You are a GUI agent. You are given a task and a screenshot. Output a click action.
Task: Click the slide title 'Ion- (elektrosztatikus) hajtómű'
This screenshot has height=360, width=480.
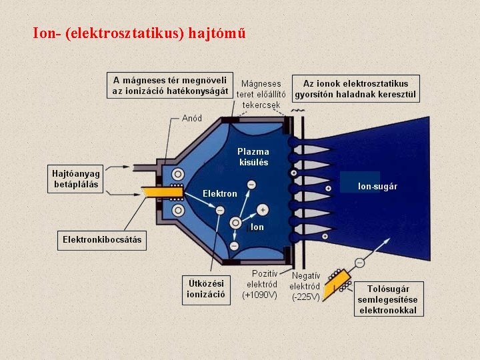click(x=143, y=33)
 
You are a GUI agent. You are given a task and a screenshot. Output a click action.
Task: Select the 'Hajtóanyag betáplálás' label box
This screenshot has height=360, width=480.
click(x=75, y=179)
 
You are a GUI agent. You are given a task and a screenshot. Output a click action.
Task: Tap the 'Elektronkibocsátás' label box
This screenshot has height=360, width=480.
click(x=102, y=239)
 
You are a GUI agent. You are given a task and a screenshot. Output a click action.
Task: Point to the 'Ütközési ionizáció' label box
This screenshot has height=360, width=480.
click(x=206, y=289)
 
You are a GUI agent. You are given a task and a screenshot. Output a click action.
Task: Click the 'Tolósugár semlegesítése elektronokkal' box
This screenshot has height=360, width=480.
click(x=387, y=299)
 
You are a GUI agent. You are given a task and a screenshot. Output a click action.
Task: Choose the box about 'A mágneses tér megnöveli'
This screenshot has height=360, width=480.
click(x=170, y=85)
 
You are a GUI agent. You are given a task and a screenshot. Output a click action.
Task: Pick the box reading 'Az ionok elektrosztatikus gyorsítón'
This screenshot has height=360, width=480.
click(x=355, y=89)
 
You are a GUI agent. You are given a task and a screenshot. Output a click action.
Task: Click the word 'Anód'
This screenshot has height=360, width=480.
click(x=192, y=119)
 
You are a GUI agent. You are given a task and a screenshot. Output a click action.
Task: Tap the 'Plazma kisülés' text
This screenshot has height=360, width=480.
click(x=253, y=157)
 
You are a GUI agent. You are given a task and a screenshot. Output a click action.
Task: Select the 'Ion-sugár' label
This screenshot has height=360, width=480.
click(x=377, y=186)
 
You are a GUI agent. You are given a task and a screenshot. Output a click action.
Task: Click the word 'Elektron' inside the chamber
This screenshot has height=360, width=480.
click(x=220, y=193)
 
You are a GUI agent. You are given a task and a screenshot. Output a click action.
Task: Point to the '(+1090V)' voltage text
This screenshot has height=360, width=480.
click(x=260, y=295)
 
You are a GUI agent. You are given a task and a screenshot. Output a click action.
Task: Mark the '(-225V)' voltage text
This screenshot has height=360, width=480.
click(x=306, y=297)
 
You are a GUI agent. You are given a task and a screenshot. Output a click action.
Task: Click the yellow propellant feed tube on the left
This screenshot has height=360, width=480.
click(x=162, y=192)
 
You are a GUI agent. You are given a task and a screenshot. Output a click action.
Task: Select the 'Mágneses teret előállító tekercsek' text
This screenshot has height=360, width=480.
click(x=261, y=94)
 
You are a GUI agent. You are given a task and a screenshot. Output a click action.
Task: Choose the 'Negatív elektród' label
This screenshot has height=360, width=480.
click(x=306, y=281)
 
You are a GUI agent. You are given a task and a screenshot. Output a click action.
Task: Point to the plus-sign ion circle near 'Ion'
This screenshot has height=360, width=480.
click(x=263, y=210)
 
